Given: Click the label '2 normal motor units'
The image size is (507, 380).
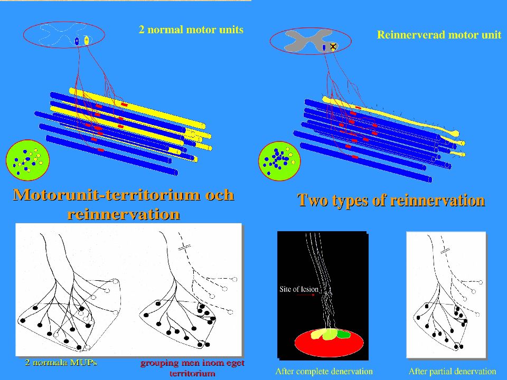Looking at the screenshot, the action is point(191,30).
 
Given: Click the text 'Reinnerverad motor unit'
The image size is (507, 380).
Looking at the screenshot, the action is point(439,35).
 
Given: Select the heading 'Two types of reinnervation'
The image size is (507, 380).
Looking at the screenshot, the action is point(391,200).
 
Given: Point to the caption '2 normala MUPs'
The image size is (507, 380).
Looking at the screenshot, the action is point(61,363).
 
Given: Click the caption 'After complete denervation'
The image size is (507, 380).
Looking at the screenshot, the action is point(324,372).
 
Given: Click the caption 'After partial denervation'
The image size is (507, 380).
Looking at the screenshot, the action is point(452,372).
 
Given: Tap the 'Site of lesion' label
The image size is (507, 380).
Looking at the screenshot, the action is point(299,289).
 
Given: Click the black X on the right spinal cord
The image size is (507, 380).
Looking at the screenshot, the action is point(333,46).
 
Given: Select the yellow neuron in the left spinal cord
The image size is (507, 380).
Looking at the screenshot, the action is point(86,41).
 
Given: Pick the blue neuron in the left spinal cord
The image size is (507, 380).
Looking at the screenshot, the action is point(77,41).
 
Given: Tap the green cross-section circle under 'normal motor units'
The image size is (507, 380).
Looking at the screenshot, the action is point(28,160).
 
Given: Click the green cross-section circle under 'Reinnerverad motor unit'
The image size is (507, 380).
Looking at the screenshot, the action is point(279,161).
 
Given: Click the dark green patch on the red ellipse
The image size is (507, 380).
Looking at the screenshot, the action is point(344,334).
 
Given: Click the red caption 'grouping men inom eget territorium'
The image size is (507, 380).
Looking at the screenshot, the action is point(192,368).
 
